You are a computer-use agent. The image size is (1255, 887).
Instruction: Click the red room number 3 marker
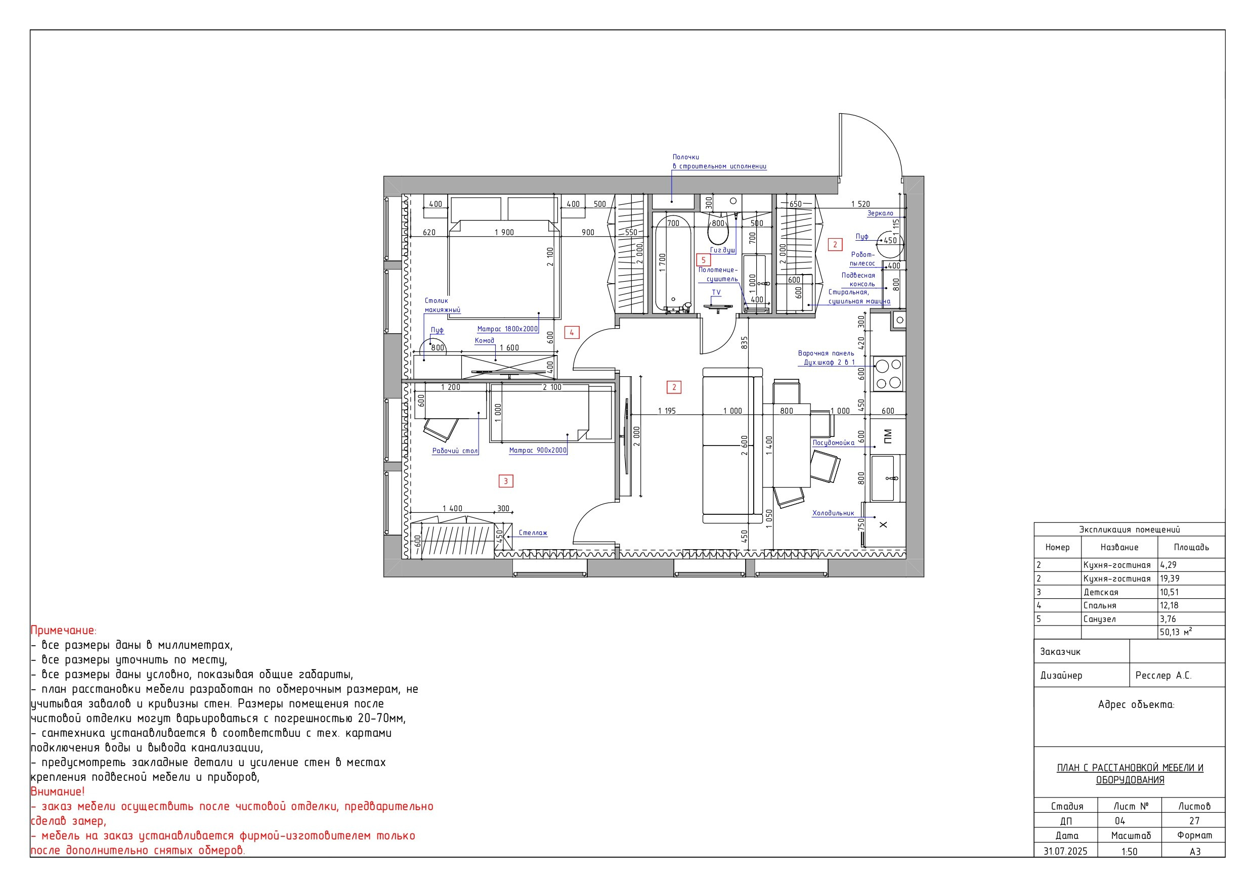point(506,481)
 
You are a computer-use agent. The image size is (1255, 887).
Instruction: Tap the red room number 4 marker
point(572,332)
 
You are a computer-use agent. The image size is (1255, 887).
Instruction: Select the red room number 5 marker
point(704,260)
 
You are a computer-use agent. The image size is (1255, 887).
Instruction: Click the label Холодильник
point(833,513)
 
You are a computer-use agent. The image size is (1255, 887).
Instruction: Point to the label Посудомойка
point(833,442)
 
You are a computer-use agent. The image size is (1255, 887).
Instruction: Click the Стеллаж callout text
point(533,533)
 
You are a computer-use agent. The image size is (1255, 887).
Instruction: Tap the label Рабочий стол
point(455,451)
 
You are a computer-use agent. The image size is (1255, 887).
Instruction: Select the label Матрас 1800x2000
point(507,329)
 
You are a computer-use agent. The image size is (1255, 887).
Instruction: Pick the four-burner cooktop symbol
point(888,374)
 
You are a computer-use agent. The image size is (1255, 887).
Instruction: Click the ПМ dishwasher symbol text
point(888,436)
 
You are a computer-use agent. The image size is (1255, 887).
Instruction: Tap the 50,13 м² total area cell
point(1176,632)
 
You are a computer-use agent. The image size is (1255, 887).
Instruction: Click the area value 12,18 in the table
point(1169,605)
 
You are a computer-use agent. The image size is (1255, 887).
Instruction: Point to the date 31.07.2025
point(1065,851)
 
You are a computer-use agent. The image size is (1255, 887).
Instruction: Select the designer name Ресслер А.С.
point(1163,676)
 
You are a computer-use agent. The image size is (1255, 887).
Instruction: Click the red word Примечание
point(63,631)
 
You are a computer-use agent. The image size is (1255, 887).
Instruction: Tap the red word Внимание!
point(57,791)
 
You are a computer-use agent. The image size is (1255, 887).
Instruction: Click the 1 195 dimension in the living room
point(667,411)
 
